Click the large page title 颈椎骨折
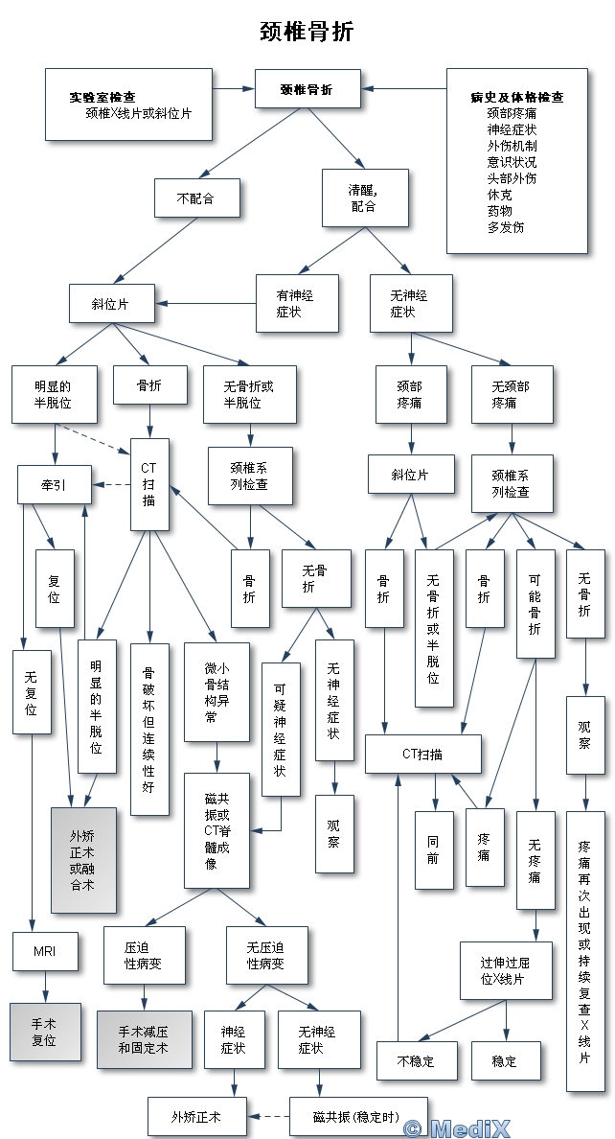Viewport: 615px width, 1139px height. [307, 32]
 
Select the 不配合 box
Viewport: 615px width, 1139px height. [196, 198]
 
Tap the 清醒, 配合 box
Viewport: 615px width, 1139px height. [364, 198]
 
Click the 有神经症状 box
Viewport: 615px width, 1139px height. [296, 303]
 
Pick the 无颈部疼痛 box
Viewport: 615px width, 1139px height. [512, 394]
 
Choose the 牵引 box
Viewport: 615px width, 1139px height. [55, 484]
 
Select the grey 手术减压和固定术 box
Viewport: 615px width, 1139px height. [144, 1039]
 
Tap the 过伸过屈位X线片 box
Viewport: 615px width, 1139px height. [505, 971]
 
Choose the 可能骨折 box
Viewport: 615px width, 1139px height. [535, 603]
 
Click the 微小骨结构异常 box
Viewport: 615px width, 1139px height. [216, 691]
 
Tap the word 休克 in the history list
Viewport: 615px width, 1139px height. [499, 194]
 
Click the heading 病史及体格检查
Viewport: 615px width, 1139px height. [516, 97]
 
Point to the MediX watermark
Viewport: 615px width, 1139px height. [470, 1128]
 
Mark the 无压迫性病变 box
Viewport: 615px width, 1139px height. [266, 955]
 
